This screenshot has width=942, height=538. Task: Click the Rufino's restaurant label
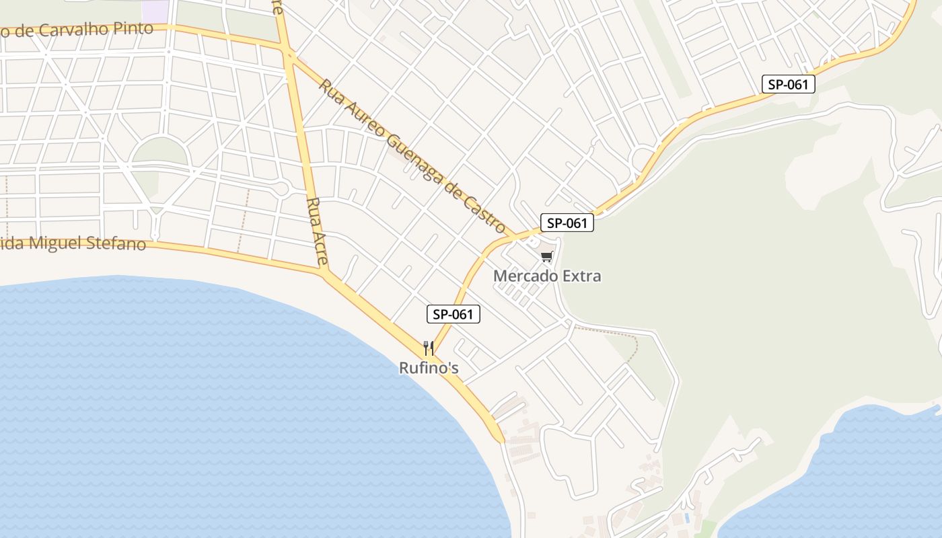pos(429,368)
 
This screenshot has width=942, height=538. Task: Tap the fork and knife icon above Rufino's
pos(429,348)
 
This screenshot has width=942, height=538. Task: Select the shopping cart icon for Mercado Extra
pos(547,256)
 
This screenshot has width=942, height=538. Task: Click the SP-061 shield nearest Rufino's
pos(454,314)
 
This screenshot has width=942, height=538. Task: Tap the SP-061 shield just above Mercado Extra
pos(567,223)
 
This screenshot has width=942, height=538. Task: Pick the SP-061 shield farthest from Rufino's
pos(789,84)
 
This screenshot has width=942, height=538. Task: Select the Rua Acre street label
pos(317,230)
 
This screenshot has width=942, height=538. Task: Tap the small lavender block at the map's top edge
pos(155,9)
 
